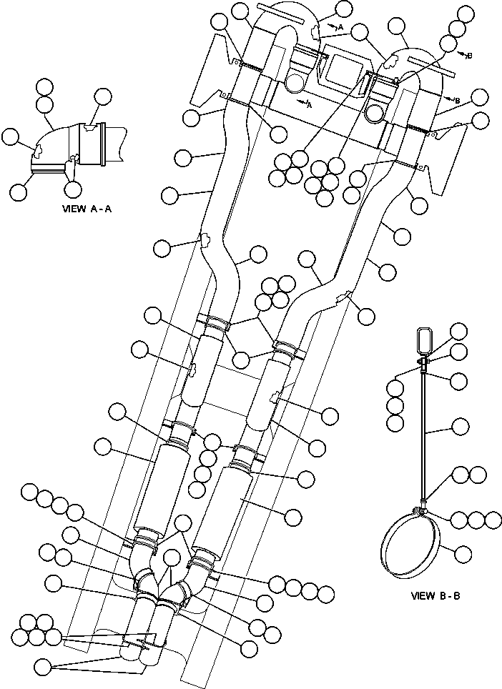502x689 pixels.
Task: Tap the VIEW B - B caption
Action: click(x=435, y=595)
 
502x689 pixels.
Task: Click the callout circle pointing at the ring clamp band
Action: click(x=463, y=552)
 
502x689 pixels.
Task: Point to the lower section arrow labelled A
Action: click(x=307, y=104)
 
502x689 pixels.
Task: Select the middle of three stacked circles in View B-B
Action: click(x=394, y=405)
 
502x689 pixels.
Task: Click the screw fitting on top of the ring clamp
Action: click(x=421, y=508)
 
